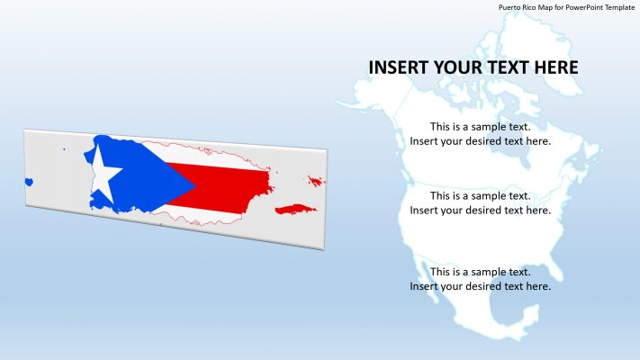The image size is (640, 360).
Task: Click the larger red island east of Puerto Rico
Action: (295, 209)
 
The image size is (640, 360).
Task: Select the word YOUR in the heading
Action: (462, 67)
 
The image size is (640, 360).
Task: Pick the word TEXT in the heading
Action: (514, 67)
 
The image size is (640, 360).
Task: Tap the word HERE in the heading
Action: (559, 67)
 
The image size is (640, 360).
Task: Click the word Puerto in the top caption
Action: (510, 6)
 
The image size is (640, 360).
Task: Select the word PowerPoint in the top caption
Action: (577, 6)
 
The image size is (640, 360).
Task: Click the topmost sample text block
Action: (480, 134)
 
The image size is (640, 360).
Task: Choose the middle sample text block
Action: (480, 202)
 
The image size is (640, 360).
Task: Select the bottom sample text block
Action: (480, 279)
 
